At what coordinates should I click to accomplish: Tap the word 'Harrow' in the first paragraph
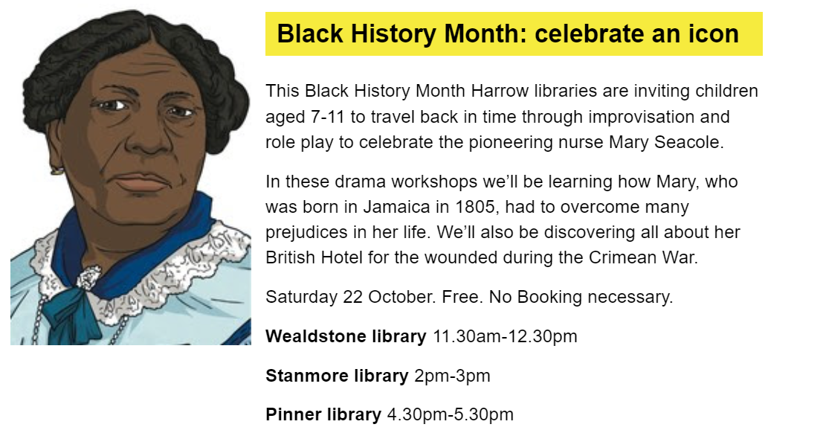(x=500, y=91)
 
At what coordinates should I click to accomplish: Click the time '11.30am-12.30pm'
(x=505, y=336)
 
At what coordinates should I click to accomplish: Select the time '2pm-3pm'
(x=453, y=376)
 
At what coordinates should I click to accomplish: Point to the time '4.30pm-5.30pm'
(x=451, y=414)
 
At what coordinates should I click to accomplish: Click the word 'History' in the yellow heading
(x=394, y=33)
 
